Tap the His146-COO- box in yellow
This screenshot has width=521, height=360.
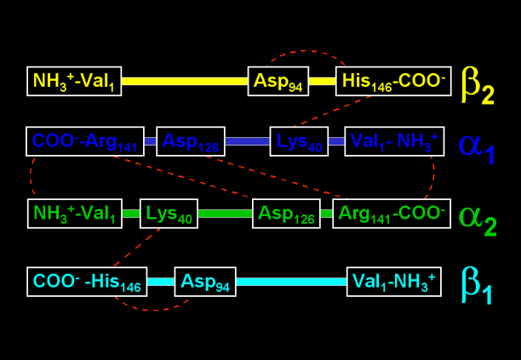point(392,81)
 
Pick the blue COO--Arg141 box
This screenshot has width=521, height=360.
point(84,140)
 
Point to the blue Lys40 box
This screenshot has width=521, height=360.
point(299,140)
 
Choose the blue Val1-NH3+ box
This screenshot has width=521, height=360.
point(394,140)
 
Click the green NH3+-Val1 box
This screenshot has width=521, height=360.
point(74,214)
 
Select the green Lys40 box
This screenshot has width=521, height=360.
point(169,214)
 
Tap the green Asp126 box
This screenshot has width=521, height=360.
point(286,214)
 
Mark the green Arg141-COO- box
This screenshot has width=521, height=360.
point(391,214)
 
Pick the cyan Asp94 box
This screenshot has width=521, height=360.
point(205,282)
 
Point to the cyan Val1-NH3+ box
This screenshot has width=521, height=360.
point(394,282)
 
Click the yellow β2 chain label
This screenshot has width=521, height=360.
point(477,84)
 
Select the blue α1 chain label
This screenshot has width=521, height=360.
point(476,146)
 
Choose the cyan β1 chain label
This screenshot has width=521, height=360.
point(477,285)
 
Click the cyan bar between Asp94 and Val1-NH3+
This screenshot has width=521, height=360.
point(291,282)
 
